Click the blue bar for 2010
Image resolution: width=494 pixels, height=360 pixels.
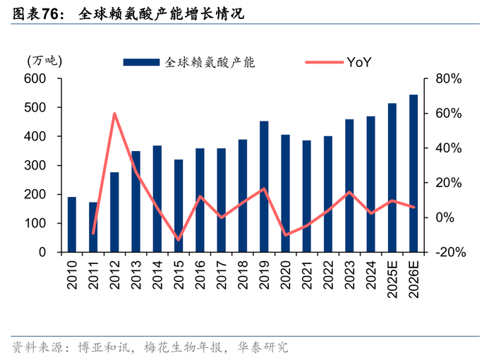click(72, 224)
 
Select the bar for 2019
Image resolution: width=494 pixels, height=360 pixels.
click(264, 186)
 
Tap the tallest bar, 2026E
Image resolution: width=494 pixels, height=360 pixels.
click(414, 174)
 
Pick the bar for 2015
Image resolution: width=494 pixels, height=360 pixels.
click(179, 206)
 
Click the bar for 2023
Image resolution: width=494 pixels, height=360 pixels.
click(349, 186)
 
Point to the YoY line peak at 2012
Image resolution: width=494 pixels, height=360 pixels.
click(114, 114)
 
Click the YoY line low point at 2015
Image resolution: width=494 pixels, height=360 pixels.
click(179, 240)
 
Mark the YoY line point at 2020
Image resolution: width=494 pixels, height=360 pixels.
click(285, 235)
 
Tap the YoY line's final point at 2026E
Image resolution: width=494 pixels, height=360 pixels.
click(414, 207)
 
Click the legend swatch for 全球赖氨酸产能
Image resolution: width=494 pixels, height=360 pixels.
click(141, 62)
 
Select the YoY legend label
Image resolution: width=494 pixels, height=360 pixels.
click(359, 62)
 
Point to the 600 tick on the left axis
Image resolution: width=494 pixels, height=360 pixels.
click(35, 78)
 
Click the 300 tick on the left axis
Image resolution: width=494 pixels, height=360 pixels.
click(35, 165)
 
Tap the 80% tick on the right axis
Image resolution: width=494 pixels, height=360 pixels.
click(448, 78)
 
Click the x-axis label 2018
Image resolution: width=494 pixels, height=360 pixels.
click(243, 275)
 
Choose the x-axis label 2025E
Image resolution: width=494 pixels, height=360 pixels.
click(392, 280)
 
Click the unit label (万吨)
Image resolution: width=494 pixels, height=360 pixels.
click(44, 61)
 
